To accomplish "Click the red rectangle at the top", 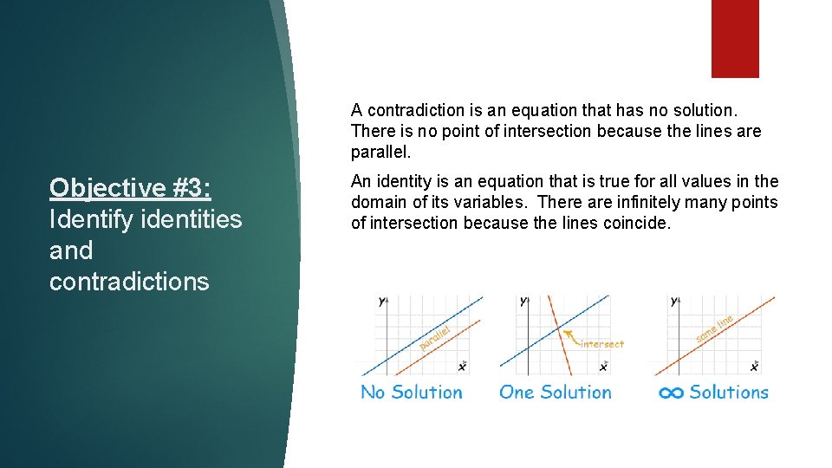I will coord(735,38).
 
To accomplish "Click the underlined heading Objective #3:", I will coord(130,188).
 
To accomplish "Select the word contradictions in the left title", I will coord(129,282).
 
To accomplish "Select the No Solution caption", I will coord(412,393).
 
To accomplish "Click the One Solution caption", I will coord(555,393).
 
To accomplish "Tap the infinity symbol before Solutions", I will coord(671,393).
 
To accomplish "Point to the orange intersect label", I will coord(601,344).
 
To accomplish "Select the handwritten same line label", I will coord(714,327).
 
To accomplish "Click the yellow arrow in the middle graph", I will coord(569,335).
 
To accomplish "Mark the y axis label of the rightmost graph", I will coord(674,302).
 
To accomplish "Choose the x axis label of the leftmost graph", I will coord(461,367).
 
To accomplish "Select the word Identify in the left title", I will coord(93,219).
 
